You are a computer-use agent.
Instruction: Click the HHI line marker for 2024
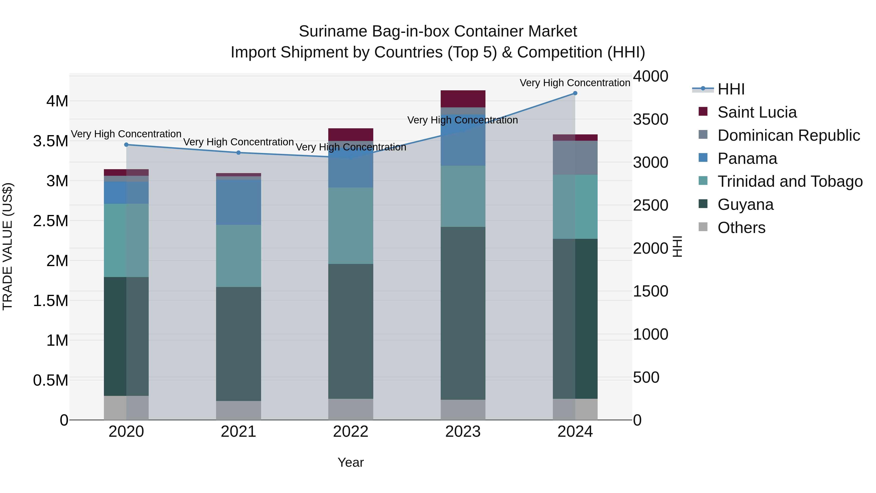tap(575, 93)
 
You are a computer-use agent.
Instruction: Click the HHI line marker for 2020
tap(126, 145)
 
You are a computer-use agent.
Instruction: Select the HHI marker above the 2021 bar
tap(238, 153)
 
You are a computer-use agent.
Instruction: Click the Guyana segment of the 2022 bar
tap(351, 331)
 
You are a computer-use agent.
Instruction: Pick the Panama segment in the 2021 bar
tap(238, 202)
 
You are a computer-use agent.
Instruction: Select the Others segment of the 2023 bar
tap(463, 410)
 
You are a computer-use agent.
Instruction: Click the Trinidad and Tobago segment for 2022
tap(351, 226)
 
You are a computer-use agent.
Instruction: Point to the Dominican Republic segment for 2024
tap(575, 158)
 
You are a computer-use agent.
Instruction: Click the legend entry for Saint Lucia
tap(757, 112)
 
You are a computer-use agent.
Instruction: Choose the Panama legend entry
tap(747, 158)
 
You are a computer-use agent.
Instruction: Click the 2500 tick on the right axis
tap(650, 205)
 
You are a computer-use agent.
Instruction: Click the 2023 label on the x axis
tap(463, 432)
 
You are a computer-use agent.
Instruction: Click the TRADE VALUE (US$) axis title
tap(8, 246)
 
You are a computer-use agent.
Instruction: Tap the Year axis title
tap(351, 462)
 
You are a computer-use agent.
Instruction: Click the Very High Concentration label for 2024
tap(575, 83)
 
